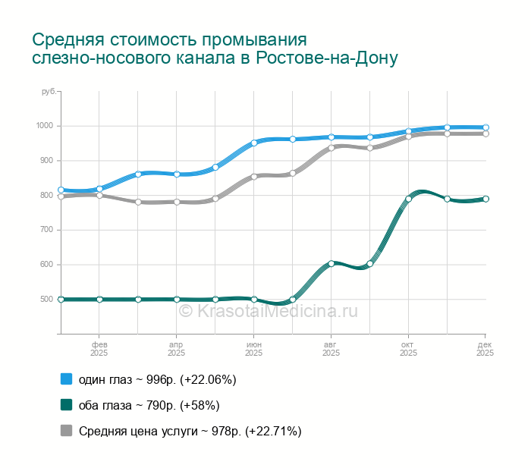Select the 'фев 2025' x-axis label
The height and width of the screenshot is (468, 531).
point(99,348)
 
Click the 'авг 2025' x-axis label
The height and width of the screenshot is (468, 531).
point(331,348)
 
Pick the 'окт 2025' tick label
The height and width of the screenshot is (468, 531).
point(408,348)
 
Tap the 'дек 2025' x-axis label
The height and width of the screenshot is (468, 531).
point(485,348)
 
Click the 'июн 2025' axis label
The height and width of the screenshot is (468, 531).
point(253,348)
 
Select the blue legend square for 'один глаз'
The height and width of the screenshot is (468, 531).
point(66,378)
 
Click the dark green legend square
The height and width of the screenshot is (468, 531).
point(66,405)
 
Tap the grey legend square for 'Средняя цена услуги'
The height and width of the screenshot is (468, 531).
point(66,431)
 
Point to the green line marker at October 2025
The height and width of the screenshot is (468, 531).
point(408,199)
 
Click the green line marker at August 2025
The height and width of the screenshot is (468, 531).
point(331,263)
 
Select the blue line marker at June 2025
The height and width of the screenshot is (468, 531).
point(253,143)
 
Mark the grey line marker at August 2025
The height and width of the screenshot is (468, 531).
point(331,148)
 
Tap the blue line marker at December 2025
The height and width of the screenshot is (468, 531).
point(485,127)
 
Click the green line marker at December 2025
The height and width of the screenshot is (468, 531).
point(485,199)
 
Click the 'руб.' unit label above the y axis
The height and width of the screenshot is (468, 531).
point(49,92)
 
